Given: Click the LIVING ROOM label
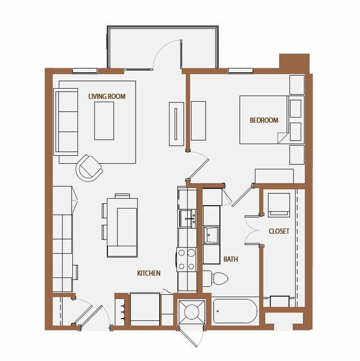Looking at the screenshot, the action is [107, 96].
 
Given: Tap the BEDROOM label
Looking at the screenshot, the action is [264, 120].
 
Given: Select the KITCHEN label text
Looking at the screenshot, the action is [149, 273].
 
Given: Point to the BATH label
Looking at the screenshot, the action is [231, 259].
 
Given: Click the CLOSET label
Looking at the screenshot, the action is [279, 231].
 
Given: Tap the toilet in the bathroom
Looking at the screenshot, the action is [215, 279].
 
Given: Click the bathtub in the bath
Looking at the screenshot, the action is [235, 311].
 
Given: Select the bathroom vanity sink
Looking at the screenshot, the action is [211, 235].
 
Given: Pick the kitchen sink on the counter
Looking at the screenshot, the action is [188, 219].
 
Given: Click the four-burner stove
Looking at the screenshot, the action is [186, 259].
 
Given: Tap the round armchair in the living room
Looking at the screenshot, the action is [89, 168].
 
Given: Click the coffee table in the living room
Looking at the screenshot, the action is [104, 121].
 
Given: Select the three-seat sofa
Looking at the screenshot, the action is [66, 122].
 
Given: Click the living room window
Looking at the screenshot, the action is [85, 71].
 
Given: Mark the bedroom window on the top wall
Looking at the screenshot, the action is [240, 71].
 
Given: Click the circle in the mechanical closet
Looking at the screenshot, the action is [192, 312].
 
